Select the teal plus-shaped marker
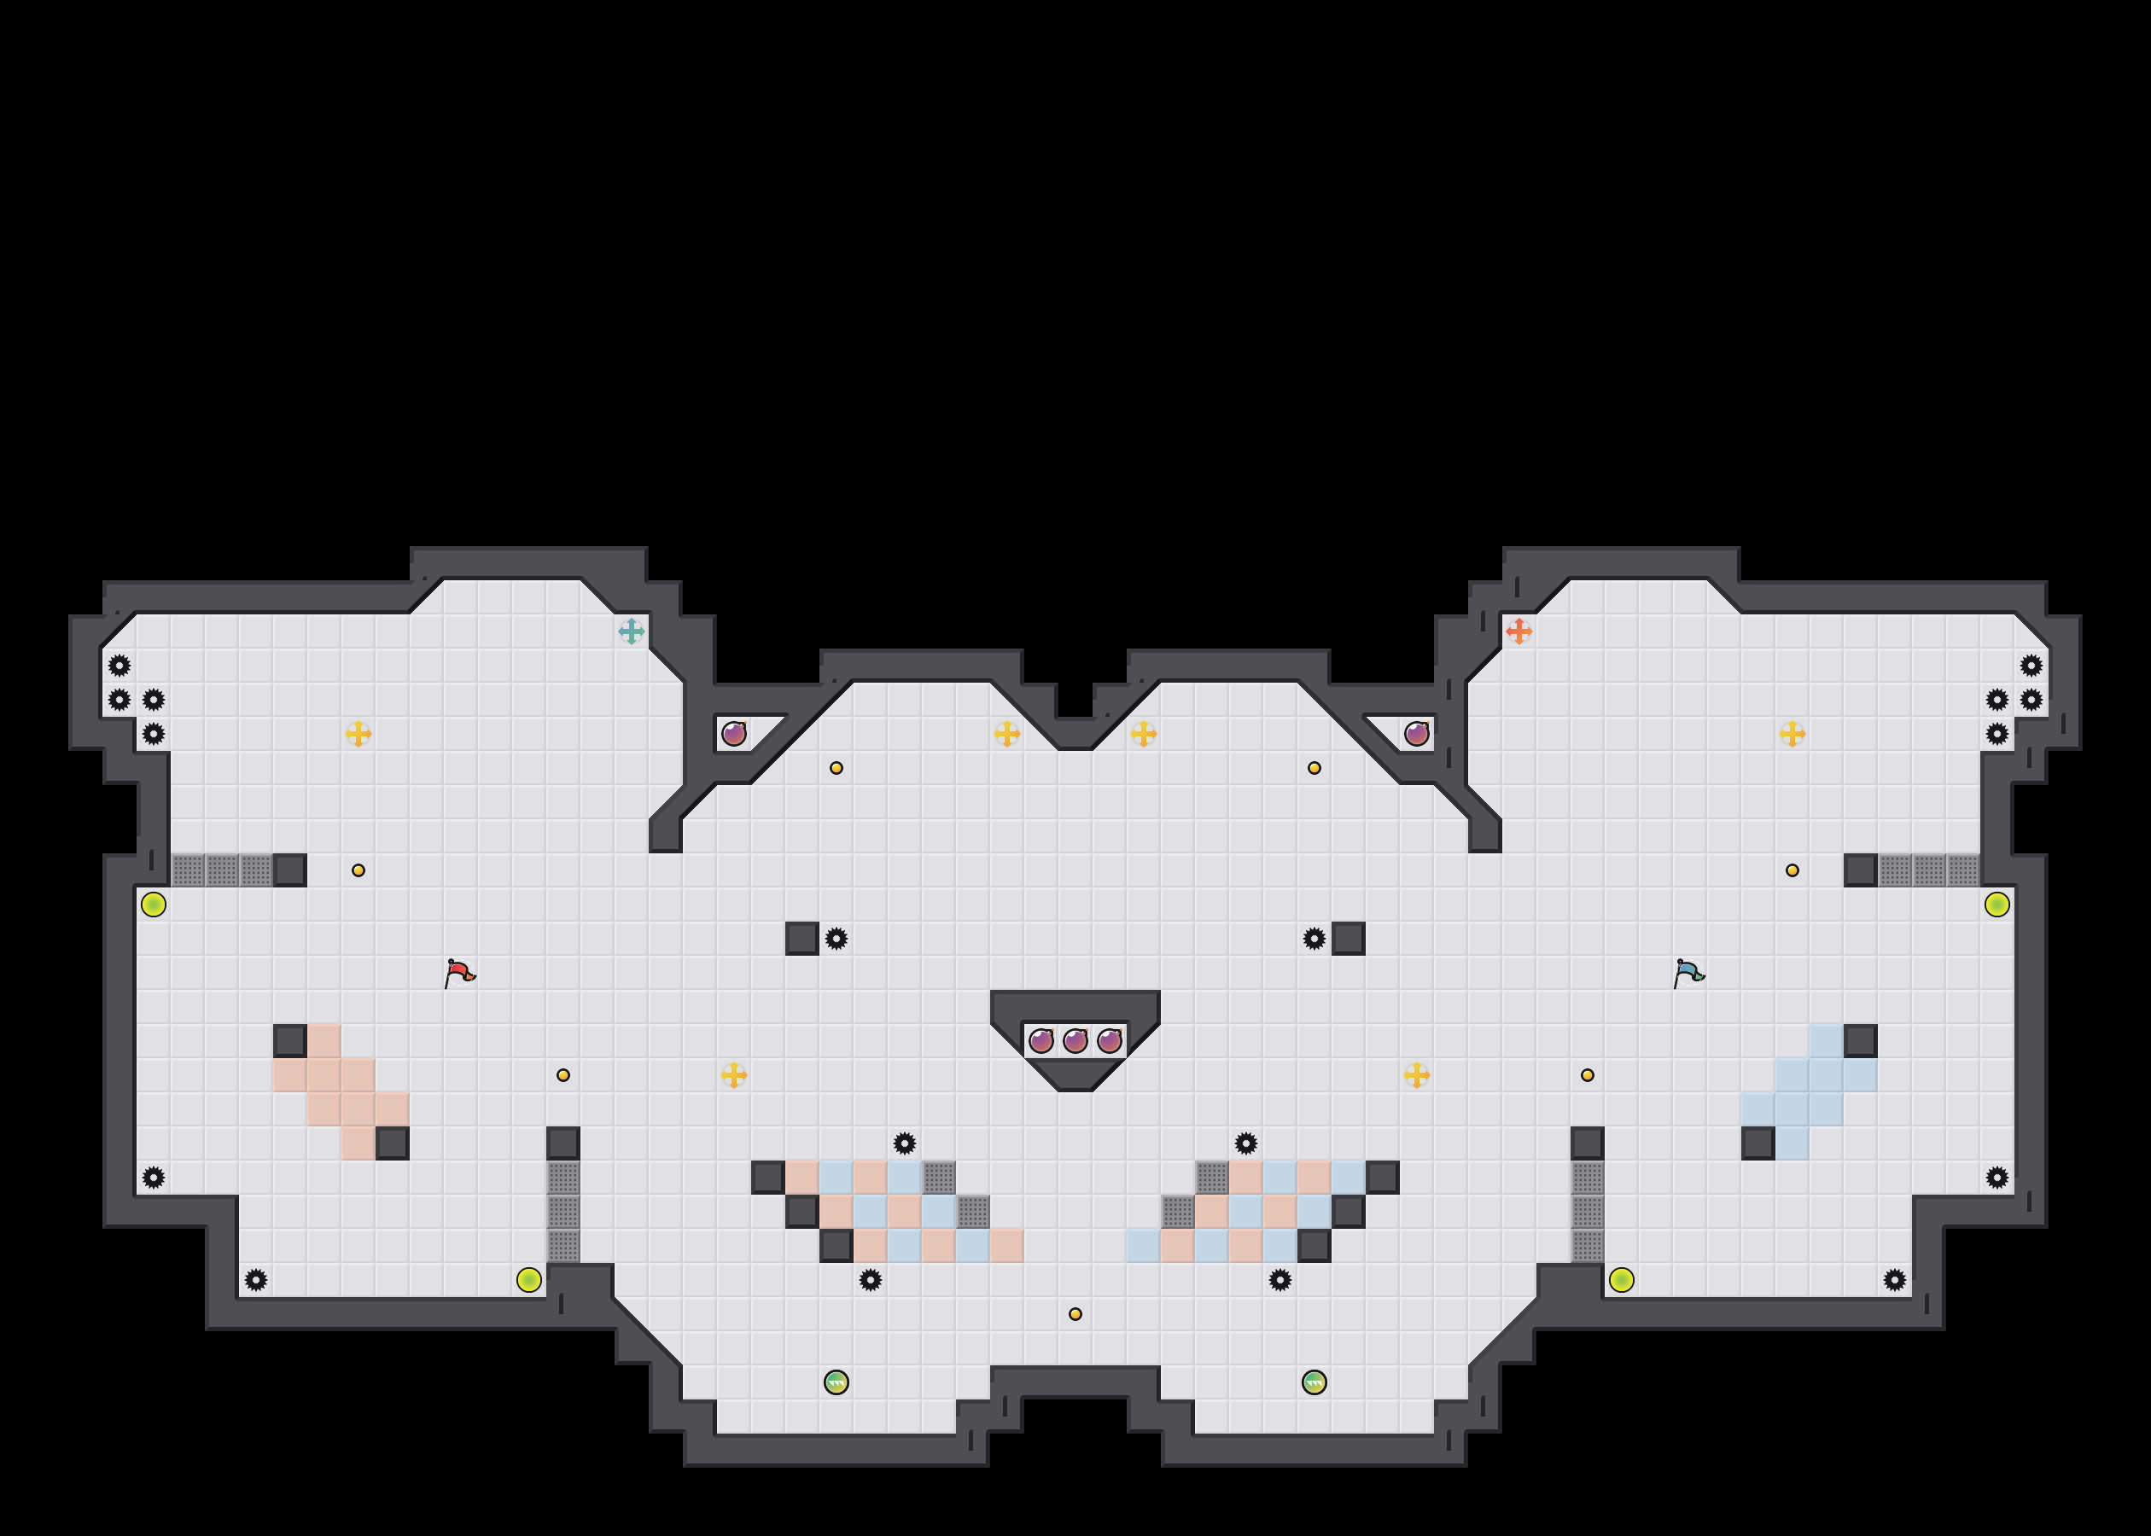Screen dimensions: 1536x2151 click(x=631, y=631)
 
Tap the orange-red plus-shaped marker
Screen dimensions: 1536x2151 click(x=1519, y=631)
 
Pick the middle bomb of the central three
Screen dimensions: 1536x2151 click(x=1075, y=1041)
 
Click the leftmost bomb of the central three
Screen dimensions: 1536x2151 click(x=1041, y=1041)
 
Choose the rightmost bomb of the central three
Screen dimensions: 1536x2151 click(x=1109, y=1041)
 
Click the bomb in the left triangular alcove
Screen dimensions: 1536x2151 click(x=734, y=733)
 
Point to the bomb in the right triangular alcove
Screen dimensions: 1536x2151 click(x=1416, y=733)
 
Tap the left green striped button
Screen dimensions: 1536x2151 click(x=836, y=1382)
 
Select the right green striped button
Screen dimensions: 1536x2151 click(x=1314, y=1382)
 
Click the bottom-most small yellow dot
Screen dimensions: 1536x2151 click(x=1075, y=1314)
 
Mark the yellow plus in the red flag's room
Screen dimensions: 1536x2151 click(x=358, y=733)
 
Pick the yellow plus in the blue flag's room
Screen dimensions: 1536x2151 click(x=1792, y=733)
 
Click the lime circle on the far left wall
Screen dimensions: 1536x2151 click(x=154, y=905)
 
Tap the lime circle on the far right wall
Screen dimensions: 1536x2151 click(x=1997, y=905)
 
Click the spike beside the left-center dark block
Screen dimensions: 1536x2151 click(x=836, y=939)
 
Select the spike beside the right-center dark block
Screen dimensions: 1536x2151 click(x=1314, y=939)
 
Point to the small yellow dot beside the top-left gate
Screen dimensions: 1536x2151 click(x=358, y=870)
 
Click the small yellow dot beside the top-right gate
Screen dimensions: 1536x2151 click(x=1792, y=870)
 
